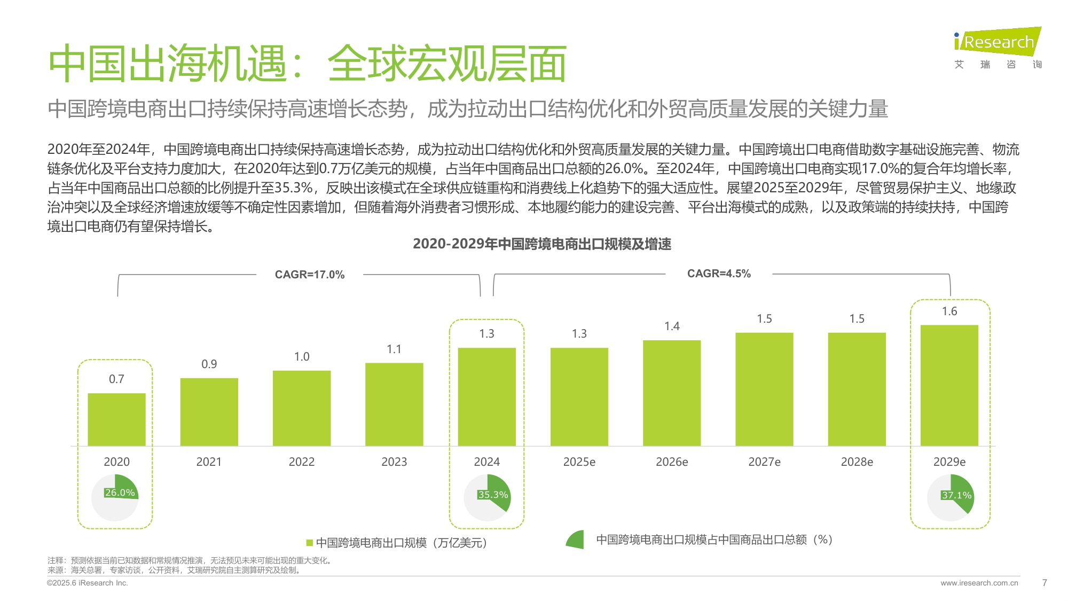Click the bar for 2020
(x=116, y=419)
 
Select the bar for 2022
(x=302, y=408)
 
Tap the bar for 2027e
(x=764, y=389)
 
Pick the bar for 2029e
(x=949, y=385)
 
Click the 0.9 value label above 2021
(x=209, y=364)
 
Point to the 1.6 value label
(x=949, y=311)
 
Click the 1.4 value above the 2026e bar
(x=672, y=326)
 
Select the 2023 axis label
(x=394, y=462)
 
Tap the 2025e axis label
(x=579, y=462)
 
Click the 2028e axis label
(x=857, y=462)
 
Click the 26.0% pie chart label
(x=120, y=493)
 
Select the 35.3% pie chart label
(x=493, y=495)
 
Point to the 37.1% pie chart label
(x=956, y=495)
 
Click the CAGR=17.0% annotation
(x=310, y=275)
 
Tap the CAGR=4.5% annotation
(x=719, y=274)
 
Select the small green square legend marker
(x=309, y=543)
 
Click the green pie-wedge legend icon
(x=576, y=540)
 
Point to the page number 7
(x=1045, y=583)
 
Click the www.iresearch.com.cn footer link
(x=979, y=583)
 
